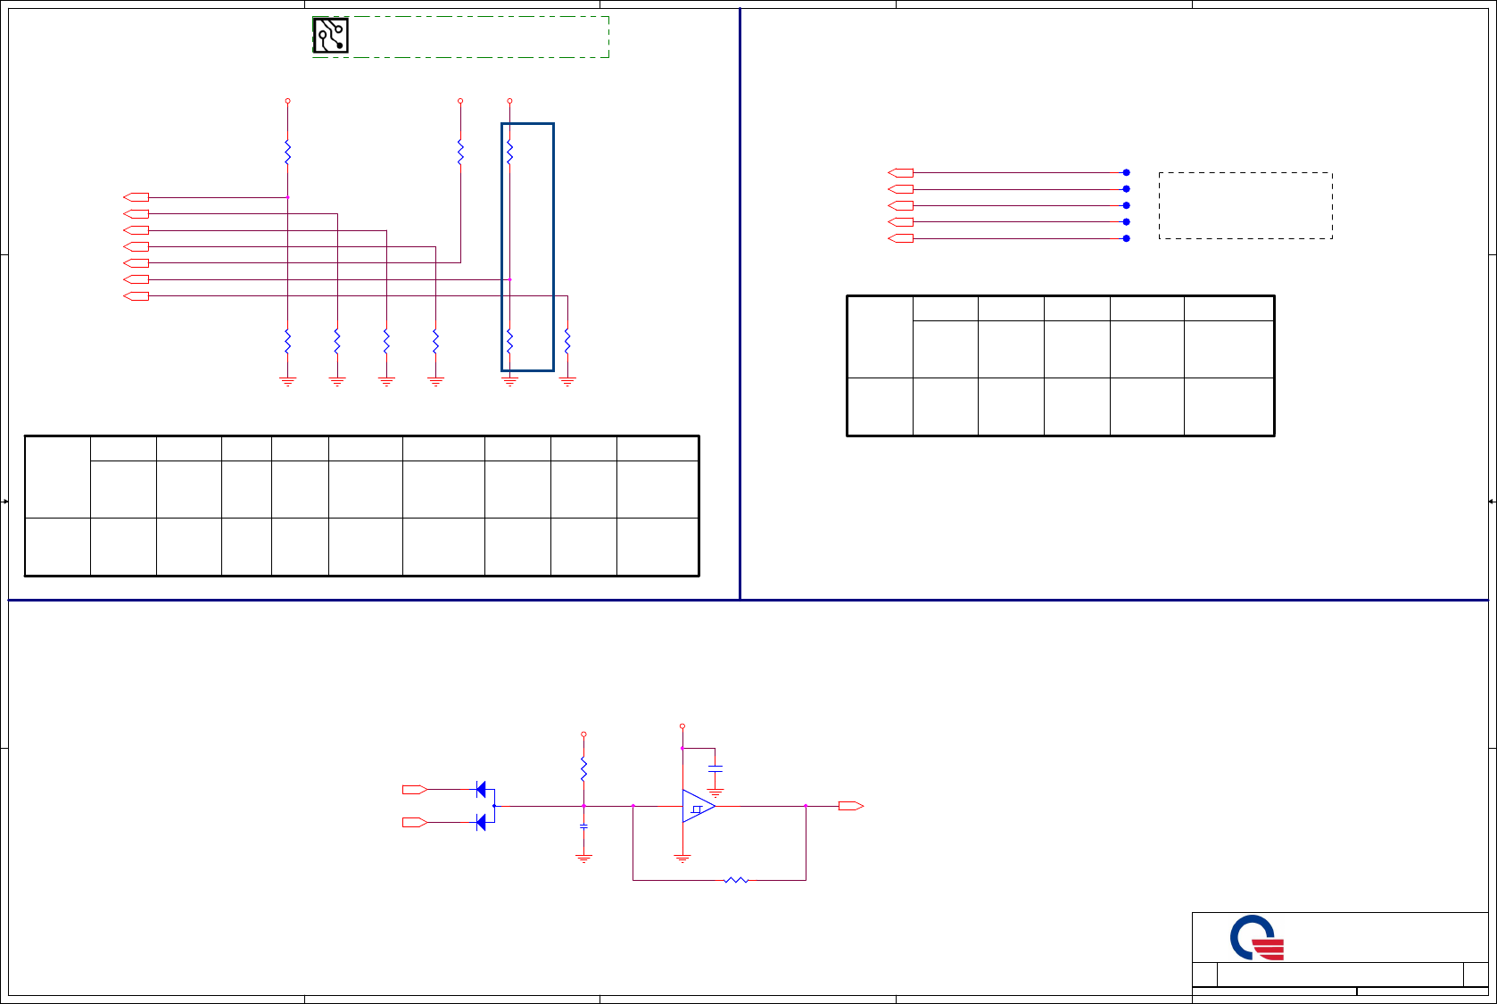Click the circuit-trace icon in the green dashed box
[x=330, y=36]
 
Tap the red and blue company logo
[x=1257, y=938]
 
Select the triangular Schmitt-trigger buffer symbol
[x=698, y=806]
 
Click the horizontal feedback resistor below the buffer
[x=736, y=880]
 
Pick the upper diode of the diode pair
[x=482, y=789]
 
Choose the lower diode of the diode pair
[x=482, y=822]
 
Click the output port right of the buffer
[x=850, y=806]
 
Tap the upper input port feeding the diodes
[x=415, y=789]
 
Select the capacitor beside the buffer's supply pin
[x=715, y=768]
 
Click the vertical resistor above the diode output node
[x=583, y=768]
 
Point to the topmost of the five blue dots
[x=1126, y=172]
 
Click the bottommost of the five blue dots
[x=1126, y=238]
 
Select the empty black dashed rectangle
[x=1245, y=205]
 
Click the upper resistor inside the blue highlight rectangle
[x=509, y=152]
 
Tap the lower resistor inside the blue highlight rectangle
[x=509, y=341]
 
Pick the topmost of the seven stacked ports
[x=136, y=196]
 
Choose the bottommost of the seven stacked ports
[x=136, y=296]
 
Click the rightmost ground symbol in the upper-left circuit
[x=567, y=382]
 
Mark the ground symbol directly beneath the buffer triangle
[x=682, y=859]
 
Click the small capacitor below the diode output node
[x=583, y=826]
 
